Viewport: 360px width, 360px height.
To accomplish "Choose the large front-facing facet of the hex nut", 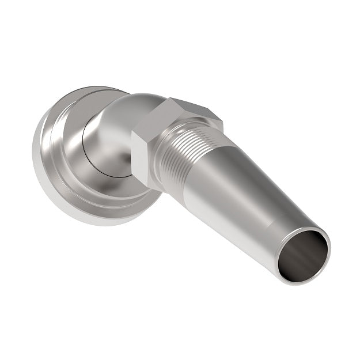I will (147, 153).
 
